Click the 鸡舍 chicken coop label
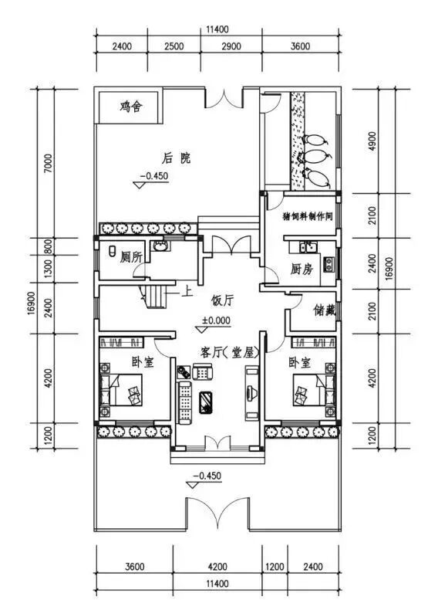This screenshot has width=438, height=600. (x=131, y=107)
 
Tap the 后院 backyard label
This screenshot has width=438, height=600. (x=176, y=158)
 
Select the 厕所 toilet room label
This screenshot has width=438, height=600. (x=131, y=257)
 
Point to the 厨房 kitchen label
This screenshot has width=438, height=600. (x=302, y=269)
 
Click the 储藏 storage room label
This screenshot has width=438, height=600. (x=325, y=310)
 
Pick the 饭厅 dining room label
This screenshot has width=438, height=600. (x=222, y=300)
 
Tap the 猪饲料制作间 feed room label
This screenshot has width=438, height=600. (x=308, y=216)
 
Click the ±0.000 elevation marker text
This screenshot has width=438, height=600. (x=217, y=320)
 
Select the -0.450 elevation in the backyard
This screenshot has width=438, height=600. (x=153, y=176)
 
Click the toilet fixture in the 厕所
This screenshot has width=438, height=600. (x=113, y=252)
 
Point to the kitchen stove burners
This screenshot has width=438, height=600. (x=328, y=263)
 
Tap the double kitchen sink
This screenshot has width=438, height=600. (x=308, y=247)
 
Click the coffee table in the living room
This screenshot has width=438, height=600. (x=206, y=402)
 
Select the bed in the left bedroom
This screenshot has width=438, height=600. (x=121, y=389)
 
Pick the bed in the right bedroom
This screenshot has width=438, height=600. (x=314, y=389)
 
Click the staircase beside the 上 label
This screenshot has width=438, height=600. (x=156, y=296)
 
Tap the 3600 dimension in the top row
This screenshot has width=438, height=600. (x=301, y=46)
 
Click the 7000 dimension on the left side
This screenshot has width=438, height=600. (x=48, y=164)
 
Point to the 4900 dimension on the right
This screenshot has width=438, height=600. (x=372, y=141)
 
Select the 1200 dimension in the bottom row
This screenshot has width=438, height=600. (x=275, y=567)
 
